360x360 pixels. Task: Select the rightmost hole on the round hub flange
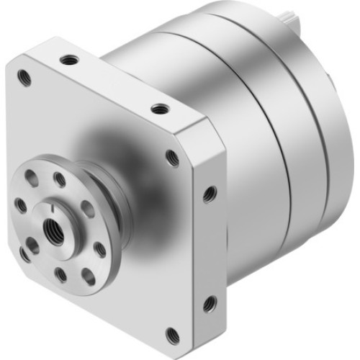99,249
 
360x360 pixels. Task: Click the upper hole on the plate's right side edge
210,192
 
